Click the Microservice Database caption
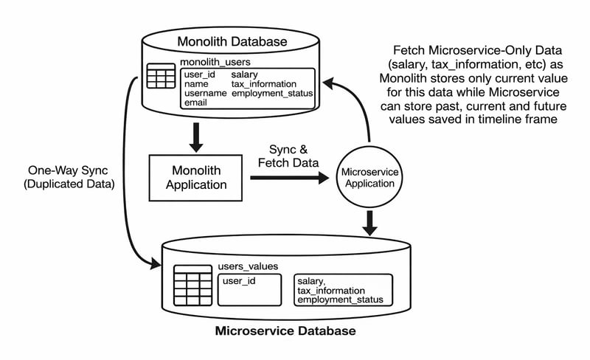pyautogui.click(x=285, y=331)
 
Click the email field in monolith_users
pyautogui.click(x=196, y=103)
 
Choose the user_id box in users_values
pyautogui.click(x=249, y=288)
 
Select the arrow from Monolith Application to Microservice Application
pyautogui.click(x=288, y=178)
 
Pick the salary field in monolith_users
pyautogui.click(x=244, y=75)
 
